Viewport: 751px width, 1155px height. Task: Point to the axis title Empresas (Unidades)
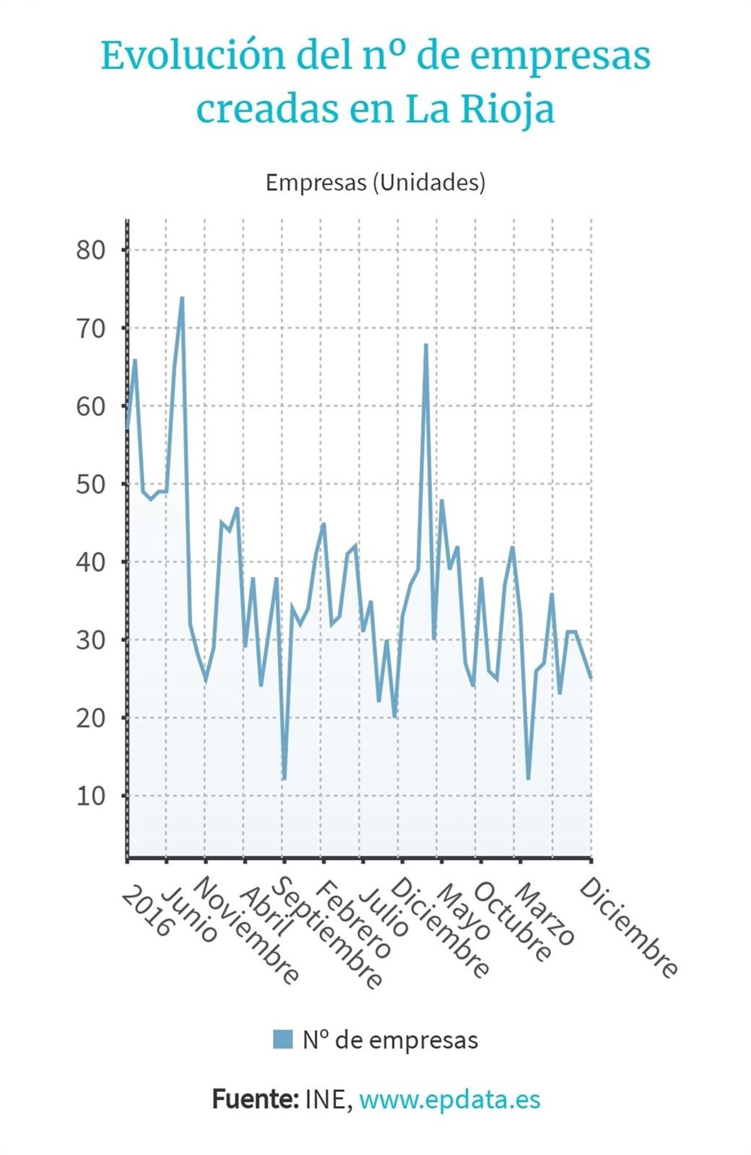click(x=375, y=182)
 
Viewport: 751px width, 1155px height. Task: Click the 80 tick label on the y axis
click(x=91, y=250)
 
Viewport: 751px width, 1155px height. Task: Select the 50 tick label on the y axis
click(x=91, y=484)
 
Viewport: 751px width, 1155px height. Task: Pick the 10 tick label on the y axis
click(x=91, y=796)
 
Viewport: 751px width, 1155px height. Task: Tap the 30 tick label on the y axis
click(x=91, y=640)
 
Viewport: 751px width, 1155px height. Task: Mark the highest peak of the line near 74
click(x=182, y=298)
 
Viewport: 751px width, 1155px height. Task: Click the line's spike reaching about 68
click(x=426, y=345)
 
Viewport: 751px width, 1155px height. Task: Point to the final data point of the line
click(x=591, y=678)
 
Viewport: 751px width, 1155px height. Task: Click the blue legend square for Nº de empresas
click(x=283, y=1039)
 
